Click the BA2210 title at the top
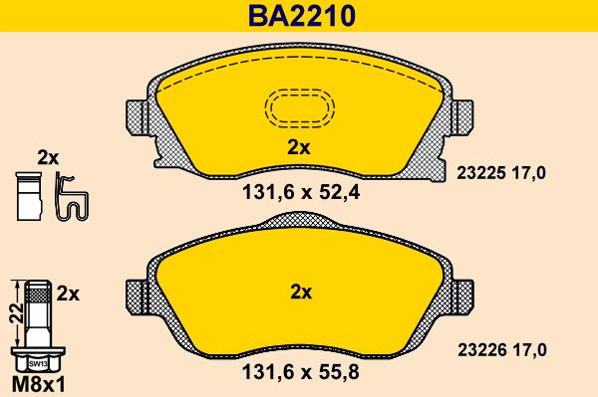(300, 16)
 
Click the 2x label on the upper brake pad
(299, 147)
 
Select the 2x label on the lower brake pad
(300, 293)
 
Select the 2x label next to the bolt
(69, 294)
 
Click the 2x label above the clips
(48, 157)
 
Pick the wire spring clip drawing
(71, 196)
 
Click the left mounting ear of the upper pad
(137, 121)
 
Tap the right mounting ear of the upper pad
(461, 121)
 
